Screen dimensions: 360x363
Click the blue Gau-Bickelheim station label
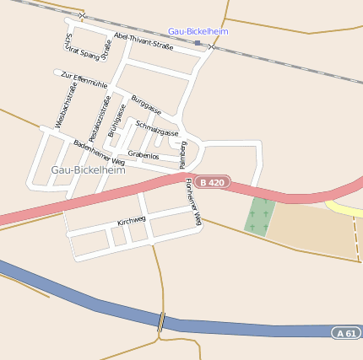[198, 31]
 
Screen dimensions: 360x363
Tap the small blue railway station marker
[197, 42]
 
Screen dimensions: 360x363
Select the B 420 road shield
[211, 182]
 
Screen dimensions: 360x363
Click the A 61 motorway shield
[346, 332]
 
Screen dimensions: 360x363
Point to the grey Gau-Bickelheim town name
[88, 169]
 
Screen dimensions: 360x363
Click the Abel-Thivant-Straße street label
[143, 41]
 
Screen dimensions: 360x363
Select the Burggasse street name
[145, 105]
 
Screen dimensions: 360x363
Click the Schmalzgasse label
[157, 127]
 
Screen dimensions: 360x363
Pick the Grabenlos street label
[144, 155]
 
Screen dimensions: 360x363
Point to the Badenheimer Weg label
[99, 152]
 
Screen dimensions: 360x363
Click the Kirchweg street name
[132, 221]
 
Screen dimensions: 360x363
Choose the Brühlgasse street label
[116, 121]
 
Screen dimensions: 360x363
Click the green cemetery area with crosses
[261, 216]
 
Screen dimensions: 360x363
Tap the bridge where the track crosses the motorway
[160, 321]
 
